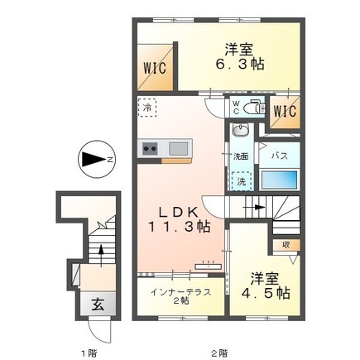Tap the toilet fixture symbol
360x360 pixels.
tap(252, 107)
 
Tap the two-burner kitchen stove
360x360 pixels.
tap(151, 149)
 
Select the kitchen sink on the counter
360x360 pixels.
tap(180, 149)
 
